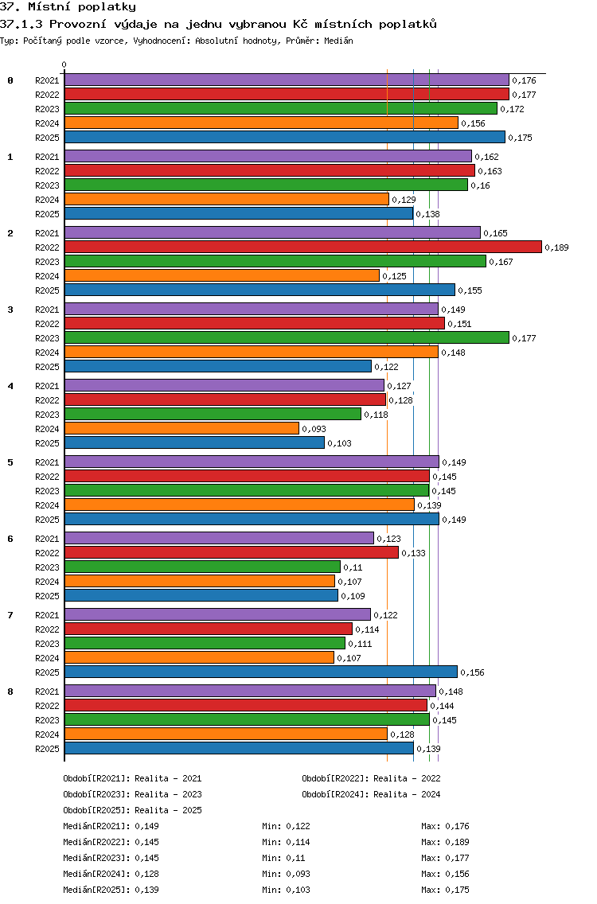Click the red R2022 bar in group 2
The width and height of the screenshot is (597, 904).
tap(302, 247)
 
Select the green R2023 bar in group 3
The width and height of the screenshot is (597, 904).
tap(287, 337)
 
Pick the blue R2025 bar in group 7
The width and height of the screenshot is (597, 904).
tap(260, 672)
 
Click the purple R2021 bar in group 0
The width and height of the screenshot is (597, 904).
tap(287, 80)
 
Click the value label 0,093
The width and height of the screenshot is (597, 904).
tap(314, 429)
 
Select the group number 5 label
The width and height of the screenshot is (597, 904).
tap(10, 462)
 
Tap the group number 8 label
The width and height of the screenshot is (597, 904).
tap(10, 692)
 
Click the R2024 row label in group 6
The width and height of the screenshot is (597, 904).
tap(48, 582)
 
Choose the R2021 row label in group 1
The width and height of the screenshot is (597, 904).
tap(48, 157)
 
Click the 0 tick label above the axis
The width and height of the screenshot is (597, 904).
tap(64, 64)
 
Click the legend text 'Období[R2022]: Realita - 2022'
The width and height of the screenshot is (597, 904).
tap(371, 778)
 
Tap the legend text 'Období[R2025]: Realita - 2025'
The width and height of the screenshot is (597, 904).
tap(132, 810)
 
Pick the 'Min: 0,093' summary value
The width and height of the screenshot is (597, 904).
tap(286, 874)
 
